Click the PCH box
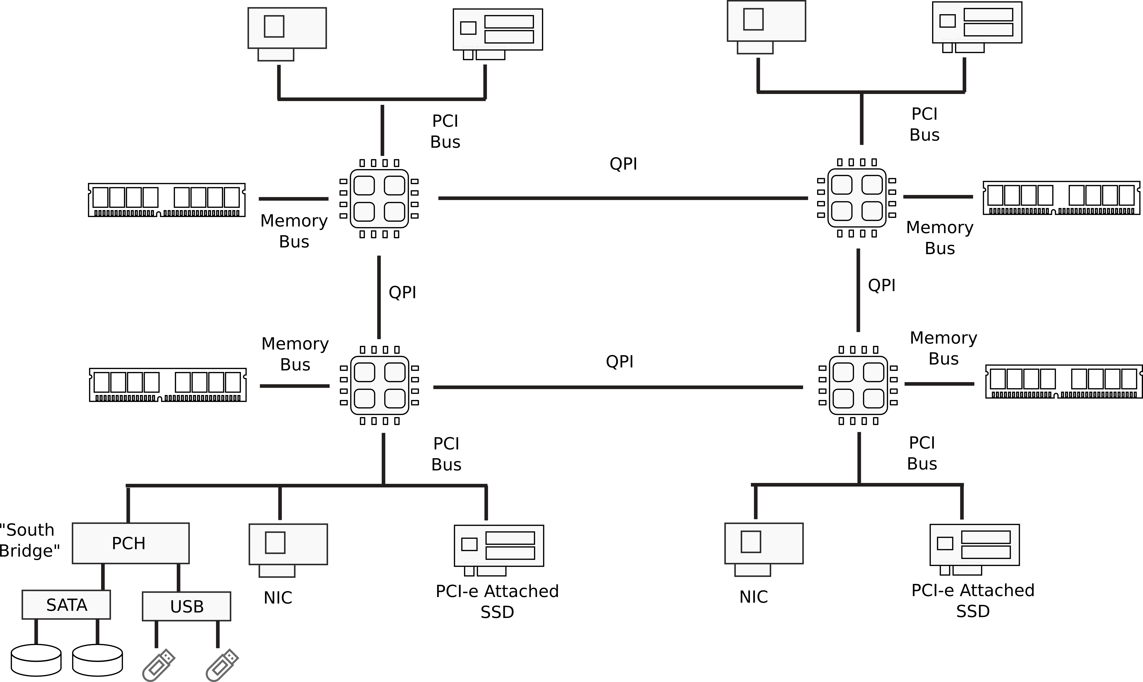(130, 543)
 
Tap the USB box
(186, 607)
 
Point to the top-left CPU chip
(379, 199)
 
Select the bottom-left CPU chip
(379, 385)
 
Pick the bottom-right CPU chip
(858, 385)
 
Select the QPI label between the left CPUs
(402, 292)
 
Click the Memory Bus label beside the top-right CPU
(939, 238)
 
